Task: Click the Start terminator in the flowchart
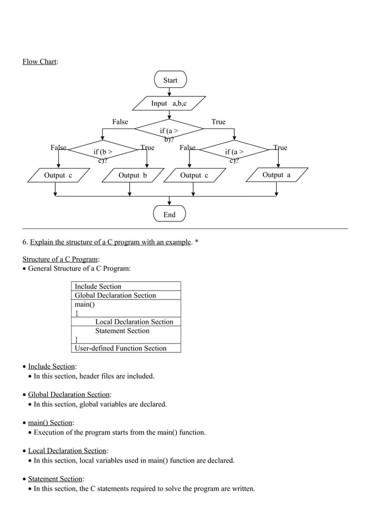pyautogui.click(x=170, y=80)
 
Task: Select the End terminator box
pyautogui.click(x=169, y=215)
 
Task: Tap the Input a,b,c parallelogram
pyautogui.click(x=169, y=103)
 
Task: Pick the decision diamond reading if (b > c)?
pyautogui.click(x=102, y=154)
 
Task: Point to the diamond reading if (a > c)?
pyautogui.click(x=234, y=154)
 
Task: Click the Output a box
pyautogui.click(x=276, y=175)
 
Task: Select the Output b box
pyautogui.click(x=133, y=175)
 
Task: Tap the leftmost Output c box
pyautogui.click(x=58, y=175)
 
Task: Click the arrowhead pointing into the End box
pyautogui.click(x=169, y=203)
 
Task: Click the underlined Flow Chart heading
pyautogui.click(x=40, y=62)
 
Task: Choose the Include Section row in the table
pyautogui.click(x=98, y=287)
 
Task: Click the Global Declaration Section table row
pyautogui.click(x=115, y=295)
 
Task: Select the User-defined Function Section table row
pyautogui.click(x=120, y=348)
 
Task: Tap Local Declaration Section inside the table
pyautogui.click(x=134, y=322)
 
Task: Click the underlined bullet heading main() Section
pyautogui.click(x=50, y=423)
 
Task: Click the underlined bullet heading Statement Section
pyautogui.click(x=55, y=478)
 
